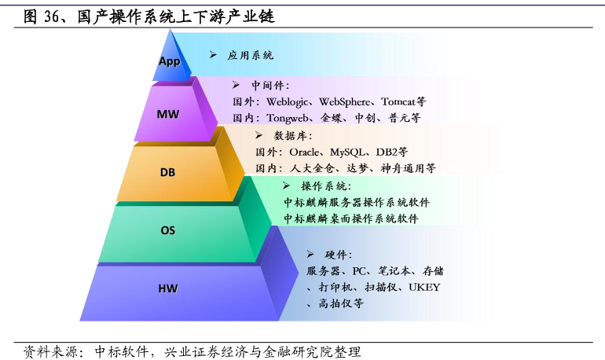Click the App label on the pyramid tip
[170, 61]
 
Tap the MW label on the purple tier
[168, 114]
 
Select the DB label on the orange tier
[167, 172]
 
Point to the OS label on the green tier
[168, 230]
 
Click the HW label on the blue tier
[168, 288]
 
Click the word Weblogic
[287, 102]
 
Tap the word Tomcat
[398, 101]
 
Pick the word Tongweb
[287, 118]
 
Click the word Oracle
[304, 152]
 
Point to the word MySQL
[346, 152]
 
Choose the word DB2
[387, 152]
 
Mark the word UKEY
[424, 287]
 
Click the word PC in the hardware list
[359, 271]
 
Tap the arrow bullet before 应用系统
[213, 55]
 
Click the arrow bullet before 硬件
[310, 254]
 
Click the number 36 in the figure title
[52, 17]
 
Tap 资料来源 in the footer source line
[51, 351]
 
